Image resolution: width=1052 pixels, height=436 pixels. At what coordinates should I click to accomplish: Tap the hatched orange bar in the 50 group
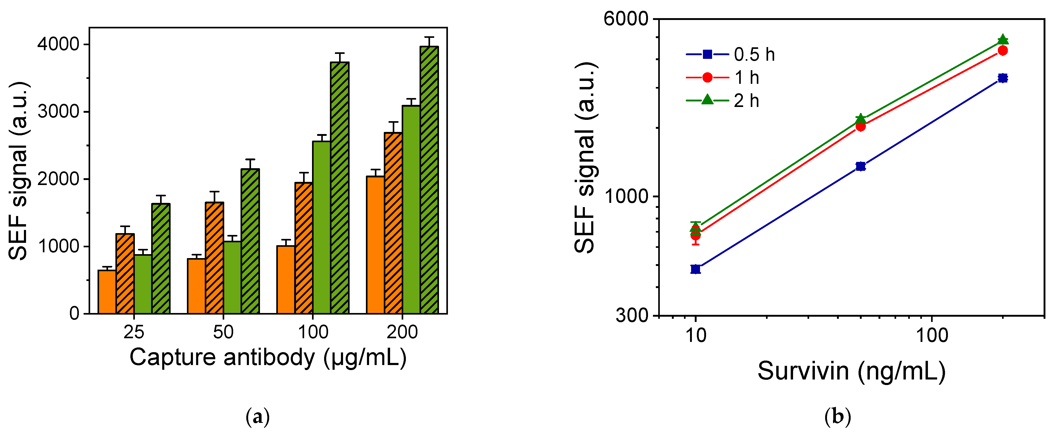pyautogui.click(x=215, y=257)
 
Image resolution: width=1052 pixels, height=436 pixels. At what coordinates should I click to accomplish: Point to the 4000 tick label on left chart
pyautogui.click(x=58, y=44)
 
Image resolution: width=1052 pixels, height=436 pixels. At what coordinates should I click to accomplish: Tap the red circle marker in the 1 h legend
pyautogui.click(x=707, y=78)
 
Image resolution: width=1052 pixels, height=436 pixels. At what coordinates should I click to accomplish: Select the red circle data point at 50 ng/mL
pyautogui.click(x=860, y=126)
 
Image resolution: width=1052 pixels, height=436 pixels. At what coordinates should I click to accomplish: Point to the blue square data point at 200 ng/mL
pyautogui.click(x=1003, y=78)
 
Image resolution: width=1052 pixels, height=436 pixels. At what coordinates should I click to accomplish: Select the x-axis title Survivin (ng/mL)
pyautogui.click(x=851, y=371)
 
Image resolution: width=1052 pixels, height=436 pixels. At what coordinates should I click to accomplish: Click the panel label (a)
pyautogui.click(x=258, y=417)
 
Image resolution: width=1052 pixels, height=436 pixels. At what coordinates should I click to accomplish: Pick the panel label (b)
pyautogui.click(x=837, y=417)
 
